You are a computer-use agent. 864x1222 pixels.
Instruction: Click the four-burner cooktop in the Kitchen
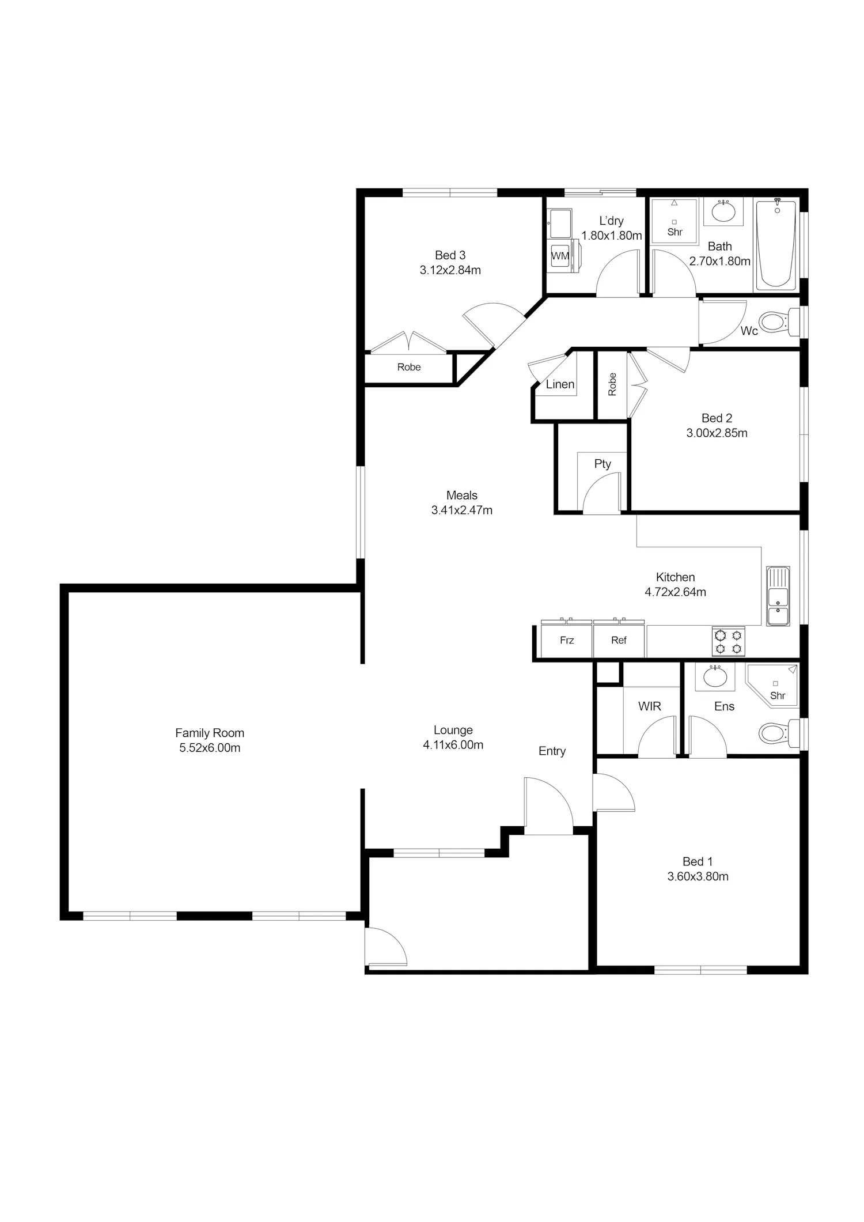(728, 642)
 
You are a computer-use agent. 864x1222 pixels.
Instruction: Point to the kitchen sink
(778, 596)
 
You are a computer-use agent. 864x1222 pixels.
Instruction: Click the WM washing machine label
(560, 256)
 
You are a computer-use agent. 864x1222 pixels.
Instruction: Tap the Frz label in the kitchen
(567, 640)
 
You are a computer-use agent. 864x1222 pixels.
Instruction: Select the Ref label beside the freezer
(619, 640)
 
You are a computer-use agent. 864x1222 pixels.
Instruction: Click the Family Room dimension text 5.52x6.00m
(210, 748)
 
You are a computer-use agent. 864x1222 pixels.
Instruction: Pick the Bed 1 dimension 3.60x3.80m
(698, 876)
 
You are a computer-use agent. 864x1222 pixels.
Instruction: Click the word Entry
(552, 751)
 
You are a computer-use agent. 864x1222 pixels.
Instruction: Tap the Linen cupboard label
(560, 384)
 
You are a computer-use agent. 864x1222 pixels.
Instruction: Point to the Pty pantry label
(602, 464)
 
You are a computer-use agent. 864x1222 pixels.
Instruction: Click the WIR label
(649, 706)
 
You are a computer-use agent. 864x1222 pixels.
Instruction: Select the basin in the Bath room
(723, 211)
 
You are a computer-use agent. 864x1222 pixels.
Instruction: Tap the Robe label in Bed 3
(409, 367)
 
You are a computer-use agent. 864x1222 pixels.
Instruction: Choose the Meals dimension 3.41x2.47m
(462, 510)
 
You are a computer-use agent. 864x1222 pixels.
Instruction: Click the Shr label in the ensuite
(778, 695)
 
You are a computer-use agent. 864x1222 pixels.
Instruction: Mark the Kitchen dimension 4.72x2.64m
(675, 592)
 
